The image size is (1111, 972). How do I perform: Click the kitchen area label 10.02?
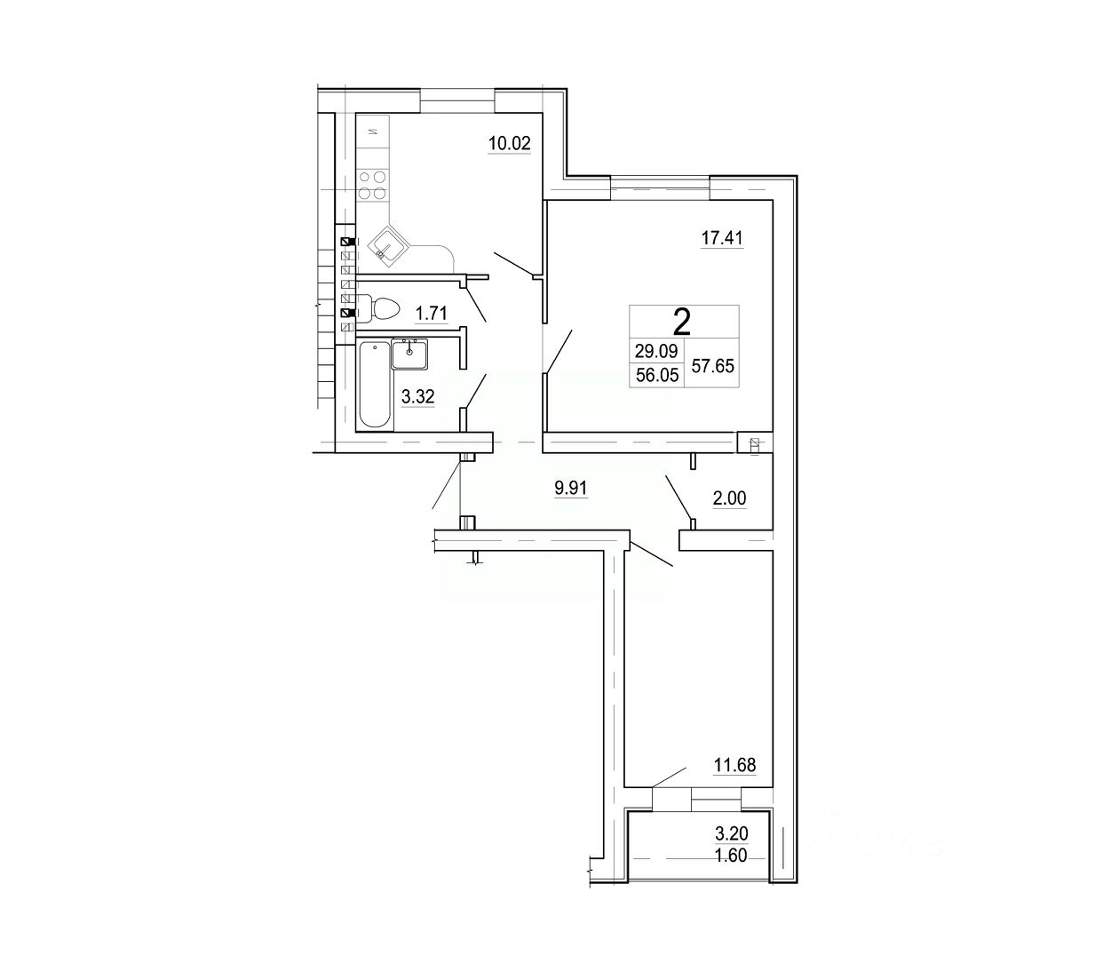point(509,144)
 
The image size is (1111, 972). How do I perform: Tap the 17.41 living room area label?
point(721,238)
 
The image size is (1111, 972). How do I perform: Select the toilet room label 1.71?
point(431,312)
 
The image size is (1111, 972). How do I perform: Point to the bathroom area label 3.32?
point(417,397)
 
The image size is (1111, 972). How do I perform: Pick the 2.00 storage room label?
point(729,499)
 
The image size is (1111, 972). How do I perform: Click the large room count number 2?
point(682,321)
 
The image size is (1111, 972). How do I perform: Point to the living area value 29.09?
point(655,352)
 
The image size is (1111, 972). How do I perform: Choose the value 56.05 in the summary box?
point(655,375)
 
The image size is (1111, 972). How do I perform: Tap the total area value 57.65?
point(712,364)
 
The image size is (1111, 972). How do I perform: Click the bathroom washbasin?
point(409,354)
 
